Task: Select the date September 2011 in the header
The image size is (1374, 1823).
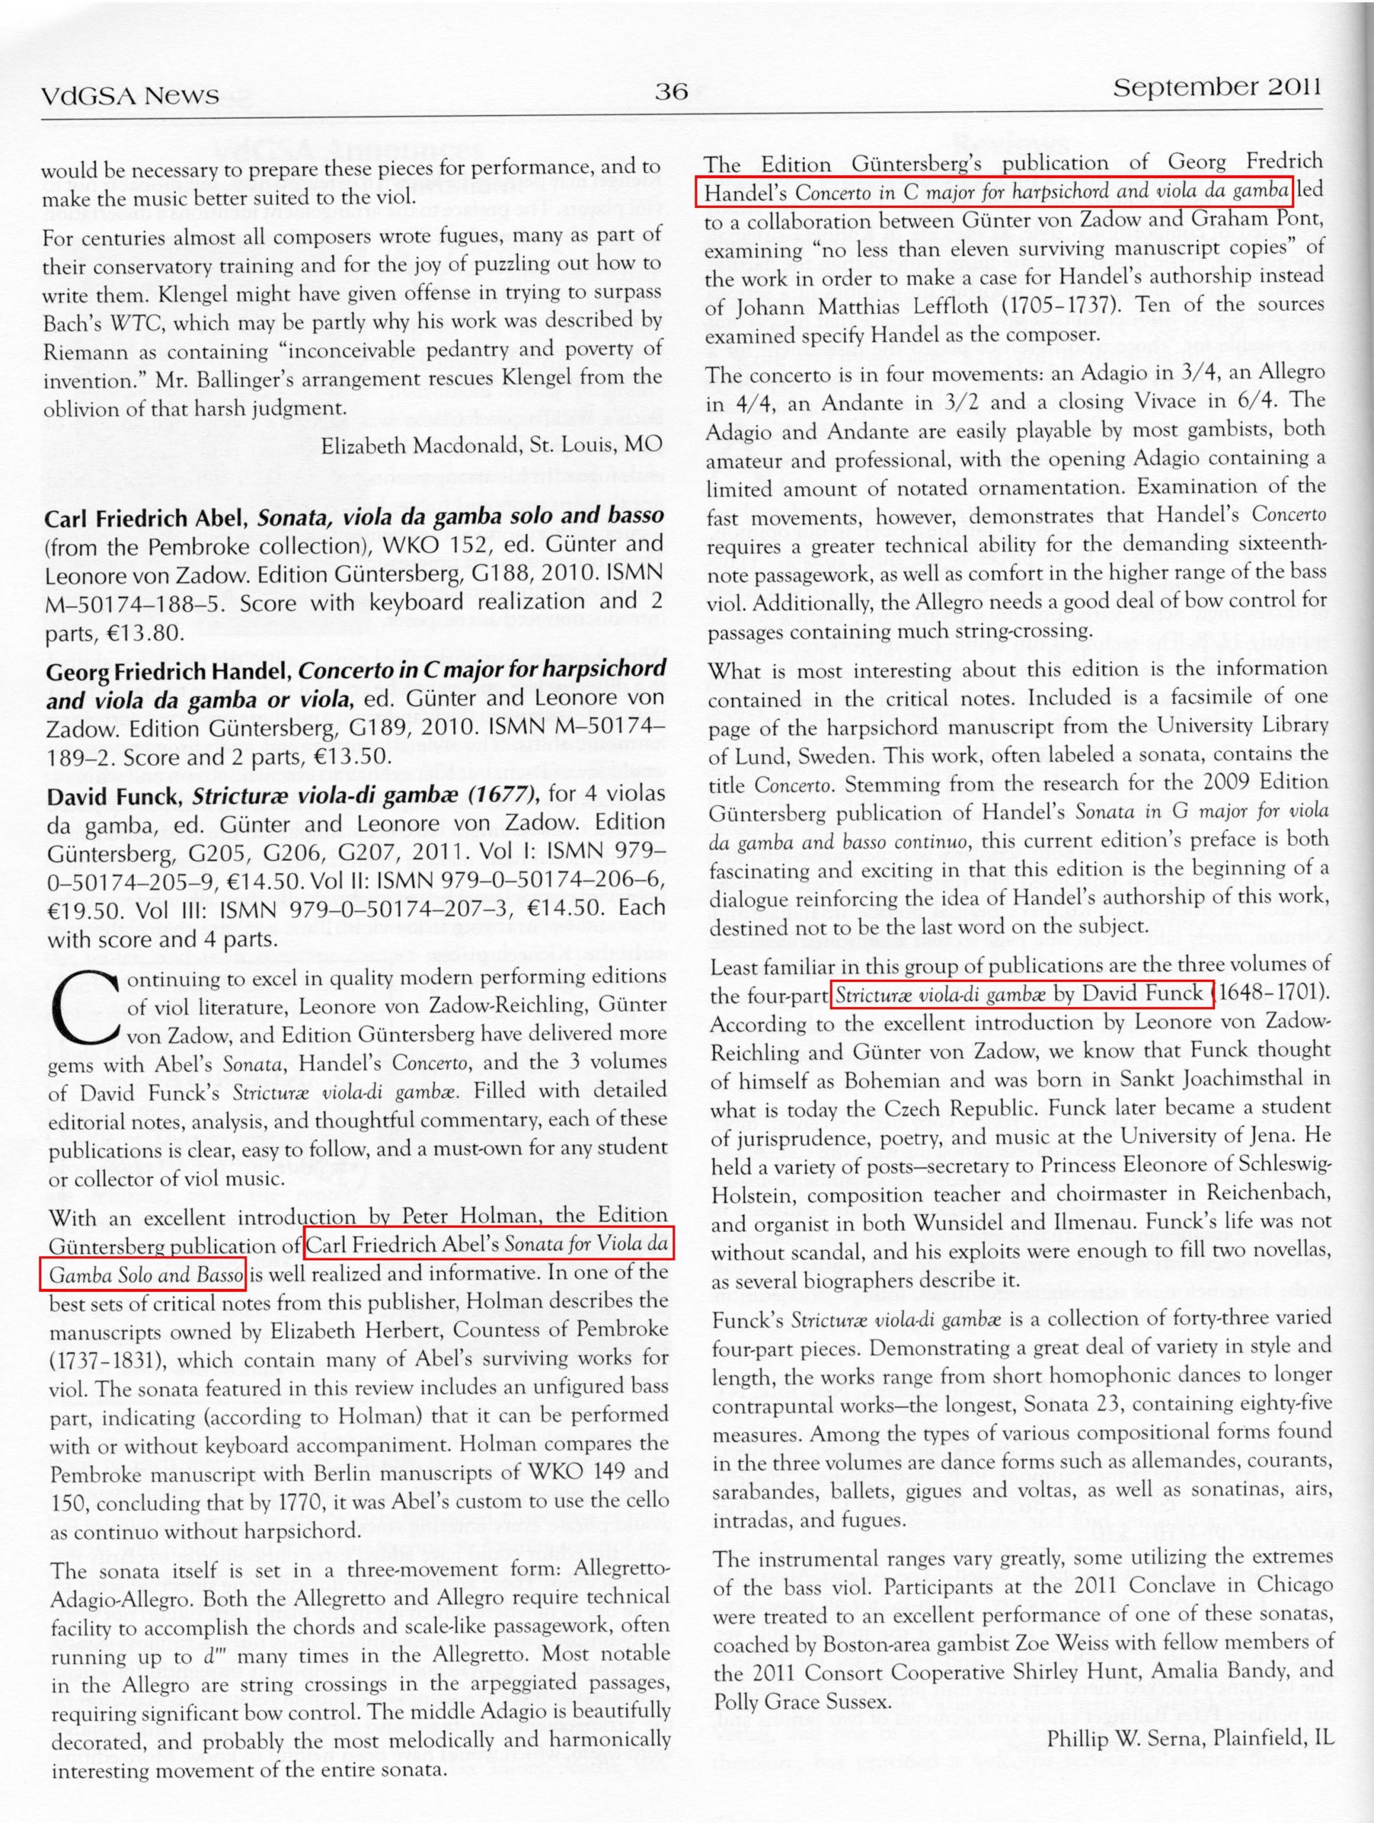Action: pyautogui.click(x=1217, y=88)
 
